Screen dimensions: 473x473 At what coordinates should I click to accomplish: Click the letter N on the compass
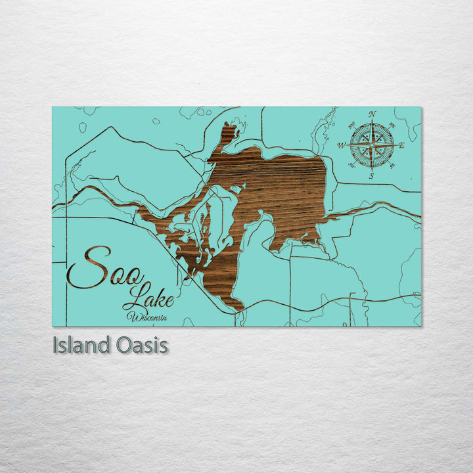tap(372, 114)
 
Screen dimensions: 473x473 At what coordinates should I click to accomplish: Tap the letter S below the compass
tap(371, 176)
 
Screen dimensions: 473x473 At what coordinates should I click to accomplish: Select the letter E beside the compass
tap(401, 146)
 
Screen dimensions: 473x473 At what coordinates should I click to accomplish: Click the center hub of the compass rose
tap(372, 145)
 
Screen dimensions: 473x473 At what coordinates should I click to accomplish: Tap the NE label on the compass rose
tap(392, 125)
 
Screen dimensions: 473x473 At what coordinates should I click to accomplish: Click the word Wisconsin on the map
tap(149, 318)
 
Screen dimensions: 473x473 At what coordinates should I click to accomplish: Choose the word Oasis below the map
tap(139, 346)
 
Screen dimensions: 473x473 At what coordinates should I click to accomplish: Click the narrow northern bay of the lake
tap(228, 135)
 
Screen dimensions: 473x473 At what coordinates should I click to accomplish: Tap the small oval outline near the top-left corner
tap(83, 127)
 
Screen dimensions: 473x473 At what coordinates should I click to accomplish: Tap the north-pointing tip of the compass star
tap(372, 123)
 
